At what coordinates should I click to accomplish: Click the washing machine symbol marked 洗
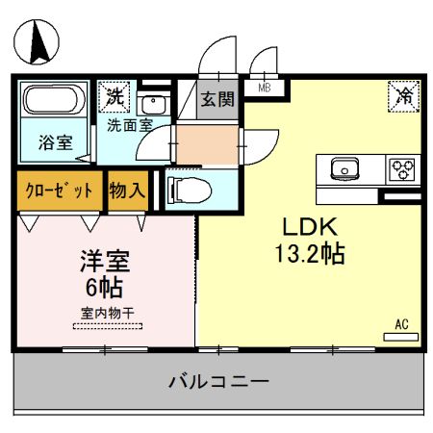coord(115,96)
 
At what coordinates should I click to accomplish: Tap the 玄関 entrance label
coord(216,99)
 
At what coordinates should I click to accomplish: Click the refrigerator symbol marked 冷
coord(402,97)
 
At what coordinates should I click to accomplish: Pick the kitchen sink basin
coord(344,170)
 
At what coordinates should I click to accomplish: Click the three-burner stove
coord(402,169)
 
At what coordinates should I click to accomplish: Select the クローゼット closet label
coord(59,190)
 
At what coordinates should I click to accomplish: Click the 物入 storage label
coord(127,190)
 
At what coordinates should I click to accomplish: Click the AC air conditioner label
coord(401,324)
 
